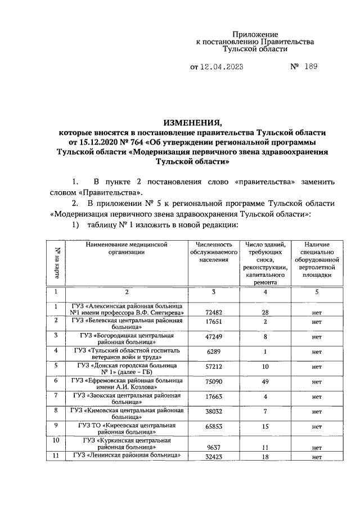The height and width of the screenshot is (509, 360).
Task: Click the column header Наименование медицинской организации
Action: (x=127, y=249)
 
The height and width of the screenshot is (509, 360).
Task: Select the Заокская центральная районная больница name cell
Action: (x=127, y=399)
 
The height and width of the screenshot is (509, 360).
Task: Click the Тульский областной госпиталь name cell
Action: (x=127, y=353)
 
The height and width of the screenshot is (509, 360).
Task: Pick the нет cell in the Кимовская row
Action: (x=316, y=411)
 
